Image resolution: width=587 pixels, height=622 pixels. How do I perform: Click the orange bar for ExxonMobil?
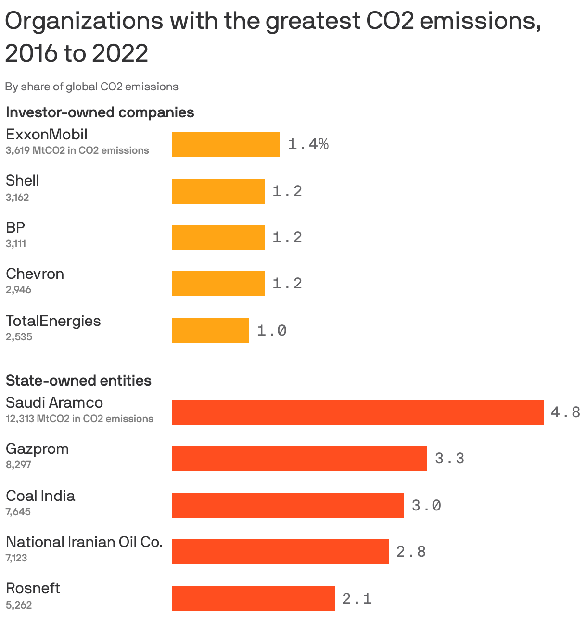point(226,144)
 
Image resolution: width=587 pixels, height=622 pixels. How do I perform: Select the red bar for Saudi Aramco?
point(357,412)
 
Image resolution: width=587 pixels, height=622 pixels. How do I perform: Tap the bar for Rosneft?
point(253,599)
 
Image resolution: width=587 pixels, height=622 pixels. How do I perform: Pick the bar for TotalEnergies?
point(210,331)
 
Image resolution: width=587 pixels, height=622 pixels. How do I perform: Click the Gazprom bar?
point(299,459)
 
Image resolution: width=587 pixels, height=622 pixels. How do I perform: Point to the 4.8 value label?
point(565,412)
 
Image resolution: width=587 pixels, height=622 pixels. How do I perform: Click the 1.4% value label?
point(308,144)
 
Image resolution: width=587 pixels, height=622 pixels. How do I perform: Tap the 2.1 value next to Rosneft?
point(357,599)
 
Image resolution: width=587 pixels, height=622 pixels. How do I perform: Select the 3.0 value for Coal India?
point(426,506)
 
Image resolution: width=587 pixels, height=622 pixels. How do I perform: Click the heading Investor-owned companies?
point(100,112)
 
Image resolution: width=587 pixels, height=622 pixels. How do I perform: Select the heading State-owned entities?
point(78,381)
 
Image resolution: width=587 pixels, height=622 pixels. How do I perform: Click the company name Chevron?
point(35,274)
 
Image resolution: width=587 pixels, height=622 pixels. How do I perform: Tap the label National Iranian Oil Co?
point(84,542)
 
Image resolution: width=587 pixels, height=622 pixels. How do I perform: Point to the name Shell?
point(22,181)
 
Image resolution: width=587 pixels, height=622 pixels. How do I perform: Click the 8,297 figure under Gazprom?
point(18,465)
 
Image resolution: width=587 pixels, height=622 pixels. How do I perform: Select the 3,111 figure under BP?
point(16,244)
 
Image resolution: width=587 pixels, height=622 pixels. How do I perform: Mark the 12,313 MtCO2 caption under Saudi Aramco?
point(79,419)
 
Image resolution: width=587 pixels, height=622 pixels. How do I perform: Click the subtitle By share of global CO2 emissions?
point(91,87)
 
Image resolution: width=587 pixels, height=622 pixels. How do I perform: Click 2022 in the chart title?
point(120,53)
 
